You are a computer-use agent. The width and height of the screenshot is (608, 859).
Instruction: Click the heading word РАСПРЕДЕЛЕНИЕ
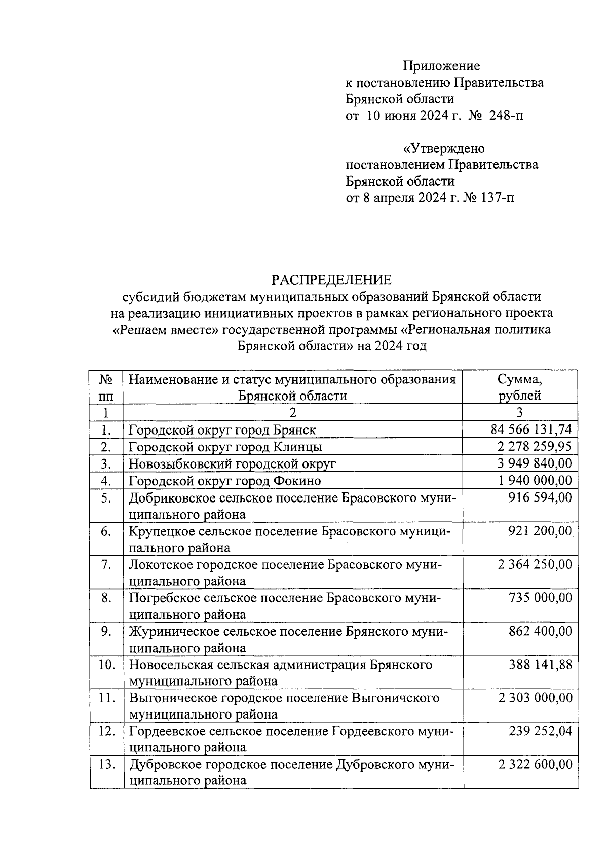pos(331,280)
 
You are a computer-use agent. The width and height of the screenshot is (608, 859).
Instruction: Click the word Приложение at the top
pos(441,66)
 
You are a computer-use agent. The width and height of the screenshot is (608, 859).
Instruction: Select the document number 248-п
pos(506,116)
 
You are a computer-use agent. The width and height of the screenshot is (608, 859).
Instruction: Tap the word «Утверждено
pos(443,149)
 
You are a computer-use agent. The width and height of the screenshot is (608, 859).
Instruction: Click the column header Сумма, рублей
pos(519,387)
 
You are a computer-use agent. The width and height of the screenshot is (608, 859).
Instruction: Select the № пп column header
pos(106,387)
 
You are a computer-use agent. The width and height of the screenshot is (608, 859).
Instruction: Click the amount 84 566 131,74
pos(531,430)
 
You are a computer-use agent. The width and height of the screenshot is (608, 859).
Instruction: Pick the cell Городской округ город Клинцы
pos(225,447)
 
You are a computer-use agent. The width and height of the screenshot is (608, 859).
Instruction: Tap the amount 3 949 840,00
pos(535,463)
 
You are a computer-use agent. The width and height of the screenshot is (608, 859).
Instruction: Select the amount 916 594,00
pos(540,497)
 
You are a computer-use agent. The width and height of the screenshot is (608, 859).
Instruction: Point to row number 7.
pos(106,564)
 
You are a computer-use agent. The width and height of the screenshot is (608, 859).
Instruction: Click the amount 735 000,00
pos(540,598)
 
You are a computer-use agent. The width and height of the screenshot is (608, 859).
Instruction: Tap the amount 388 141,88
pos(540,665)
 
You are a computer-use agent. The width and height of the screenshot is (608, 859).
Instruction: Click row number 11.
pos(106,698)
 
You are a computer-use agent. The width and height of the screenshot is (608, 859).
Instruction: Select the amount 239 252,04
pos(540,731)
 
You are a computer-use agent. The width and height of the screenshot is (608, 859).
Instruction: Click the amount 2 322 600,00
pos(535,765)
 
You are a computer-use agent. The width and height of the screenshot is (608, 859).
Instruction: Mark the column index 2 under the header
pos(292,412)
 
